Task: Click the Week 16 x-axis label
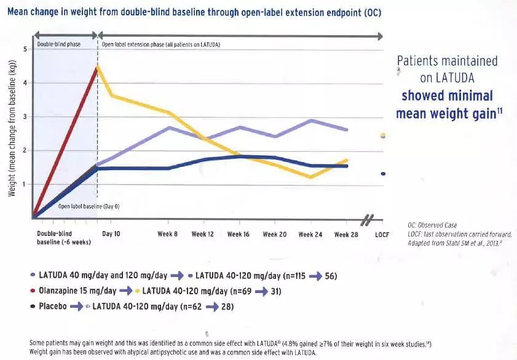(239, 235)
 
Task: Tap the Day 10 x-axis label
(111, 235)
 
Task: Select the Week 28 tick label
(345, 235)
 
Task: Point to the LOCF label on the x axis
(382, 235)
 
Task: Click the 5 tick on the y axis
(25, 49)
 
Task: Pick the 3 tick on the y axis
(25, 117)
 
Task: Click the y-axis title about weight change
(12, 133)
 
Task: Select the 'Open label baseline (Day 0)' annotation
(89, 206)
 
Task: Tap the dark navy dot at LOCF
(383, 174)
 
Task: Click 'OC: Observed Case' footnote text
(432, 225)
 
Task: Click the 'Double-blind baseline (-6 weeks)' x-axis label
(63, 238)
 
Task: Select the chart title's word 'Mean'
(20, 13)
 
